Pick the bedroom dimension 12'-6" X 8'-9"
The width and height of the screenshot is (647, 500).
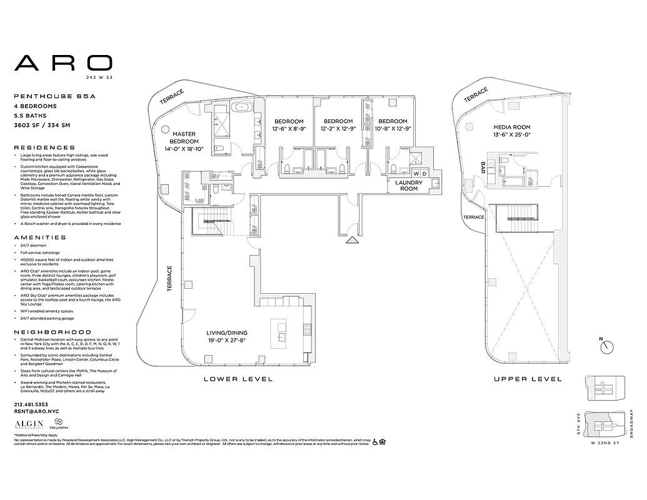[288, 129]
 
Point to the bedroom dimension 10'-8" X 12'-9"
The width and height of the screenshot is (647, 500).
[393, 129]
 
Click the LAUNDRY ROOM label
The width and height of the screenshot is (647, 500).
[409, 185]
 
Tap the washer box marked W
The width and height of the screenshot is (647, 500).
[416, 173]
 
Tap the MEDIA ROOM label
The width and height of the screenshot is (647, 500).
[511, 127]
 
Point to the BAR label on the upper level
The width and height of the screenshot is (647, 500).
[483, 167]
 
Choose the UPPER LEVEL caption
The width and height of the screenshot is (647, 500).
[527, 379]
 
